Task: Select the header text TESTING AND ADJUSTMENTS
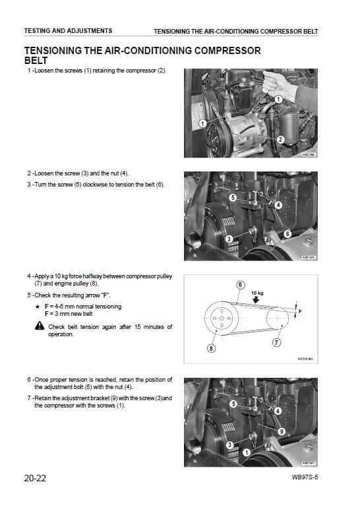tap(68, 30)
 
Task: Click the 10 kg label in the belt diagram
tap(256, 292)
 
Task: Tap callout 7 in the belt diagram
tap(277, 343)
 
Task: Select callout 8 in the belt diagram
tap(211, 349)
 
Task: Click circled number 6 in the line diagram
tap(241, 284)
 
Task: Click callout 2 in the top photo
tap(280, 139)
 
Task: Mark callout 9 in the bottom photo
tap(281, 431)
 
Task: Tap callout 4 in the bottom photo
tap(278, 411)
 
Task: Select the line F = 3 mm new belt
tap(73, 314)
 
